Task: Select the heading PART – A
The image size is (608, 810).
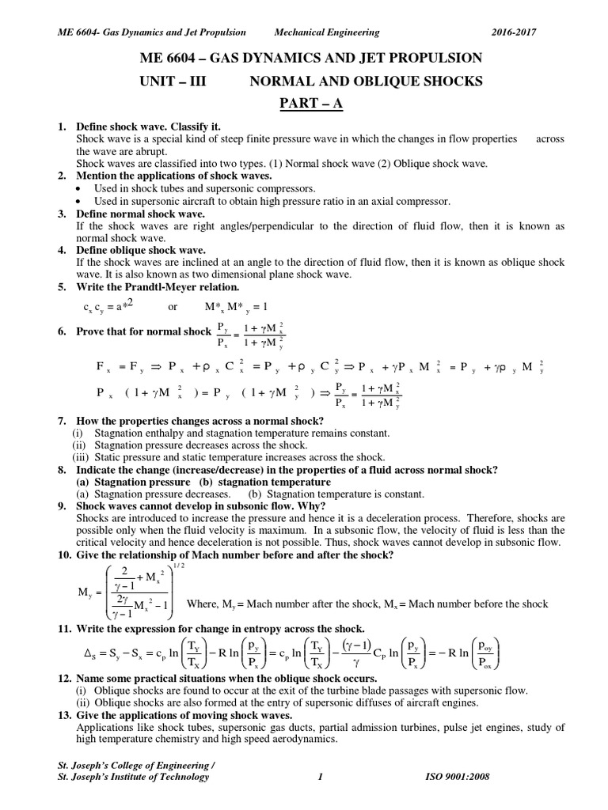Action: pyautogui.click(x=304, y=104)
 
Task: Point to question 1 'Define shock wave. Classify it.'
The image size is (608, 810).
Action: pyautogui.click(x=148, y=127)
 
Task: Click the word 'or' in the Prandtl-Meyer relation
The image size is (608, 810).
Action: pyautogui.click(x=175, y=306)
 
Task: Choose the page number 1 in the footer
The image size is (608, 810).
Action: pyautogui.click(x=319, y=777)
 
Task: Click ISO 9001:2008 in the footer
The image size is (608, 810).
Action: pyautogui.click(x=458, y=777)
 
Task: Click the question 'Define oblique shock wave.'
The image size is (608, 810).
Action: pyautogui.click(x=142, y=250)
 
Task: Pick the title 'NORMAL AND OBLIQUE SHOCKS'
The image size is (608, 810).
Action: pyautogui.click(x=367, y=81)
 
